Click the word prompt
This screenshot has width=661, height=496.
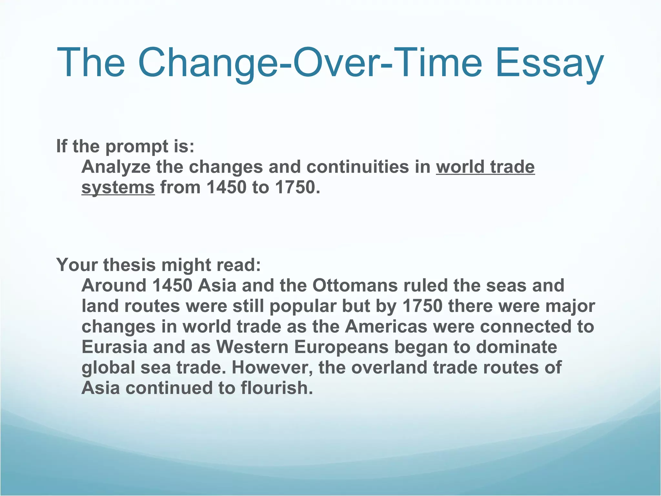click(x=137, y=146)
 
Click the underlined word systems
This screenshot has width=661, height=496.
click(x=118, y=188)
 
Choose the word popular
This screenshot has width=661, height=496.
click(x=303, y=306)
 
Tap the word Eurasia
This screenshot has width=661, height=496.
click(x=114, y=347)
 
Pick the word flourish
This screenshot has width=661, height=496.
click(x=277, y=388)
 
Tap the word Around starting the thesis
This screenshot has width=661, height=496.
click(x=114, y=285)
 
